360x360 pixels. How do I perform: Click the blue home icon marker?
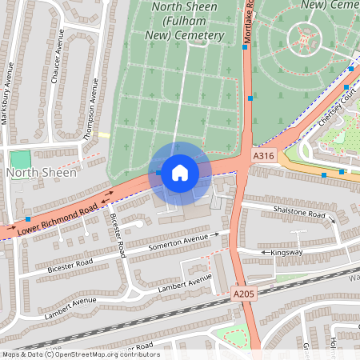pyautogui.click(x=179, y=172)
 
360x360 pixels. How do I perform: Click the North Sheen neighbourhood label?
pyautogui.click(x=42, y=172)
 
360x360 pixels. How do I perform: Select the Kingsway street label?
pyautogui.click(x=287, y=252)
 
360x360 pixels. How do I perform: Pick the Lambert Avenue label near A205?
pyautogui.click(x=185, y=282)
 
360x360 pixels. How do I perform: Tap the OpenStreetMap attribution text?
pyautogui.click(x=80, y=354)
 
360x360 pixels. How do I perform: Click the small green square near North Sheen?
pyautogui.click(x=20, y=159)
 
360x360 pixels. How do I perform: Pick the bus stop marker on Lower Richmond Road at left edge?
pyautogui.click(x=28, y=219)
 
